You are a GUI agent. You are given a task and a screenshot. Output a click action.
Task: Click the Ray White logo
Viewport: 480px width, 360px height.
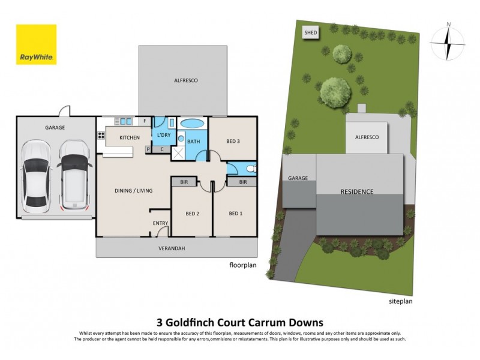tap(36, 44)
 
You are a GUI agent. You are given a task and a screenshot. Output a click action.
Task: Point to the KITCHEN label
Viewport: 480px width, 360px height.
tap(130, 138)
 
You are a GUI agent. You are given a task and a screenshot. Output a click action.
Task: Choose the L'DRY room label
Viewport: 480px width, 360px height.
tap(164, 135)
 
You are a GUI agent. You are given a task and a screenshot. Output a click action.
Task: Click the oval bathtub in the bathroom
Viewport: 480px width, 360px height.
tap(192, 124)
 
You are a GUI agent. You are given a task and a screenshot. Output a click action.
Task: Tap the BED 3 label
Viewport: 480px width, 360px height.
tap(233, 142)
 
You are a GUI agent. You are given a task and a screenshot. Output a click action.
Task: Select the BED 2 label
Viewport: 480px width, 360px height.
tap(192, 214)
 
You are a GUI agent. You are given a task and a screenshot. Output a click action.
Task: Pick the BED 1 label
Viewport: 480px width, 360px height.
tap(236, 214)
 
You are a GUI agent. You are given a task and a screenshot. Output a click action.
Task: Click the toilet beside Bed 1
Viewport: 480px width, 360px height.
tap(251, 167)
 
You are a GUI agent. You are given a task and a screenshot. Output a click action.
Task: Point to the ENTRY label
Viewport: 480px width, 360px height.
tap(160, 224)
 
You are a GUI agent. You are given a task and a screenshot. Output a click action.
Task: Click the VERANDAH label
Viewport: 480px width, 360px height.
tap(170, 248)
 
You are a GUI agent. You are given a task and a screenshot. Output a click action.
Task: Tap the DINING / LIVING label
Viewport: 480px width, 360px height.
tap(134, 191)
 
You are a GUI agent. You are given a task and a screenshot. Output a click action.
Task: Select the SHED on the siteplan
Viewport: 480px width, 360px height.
tap(311, 32)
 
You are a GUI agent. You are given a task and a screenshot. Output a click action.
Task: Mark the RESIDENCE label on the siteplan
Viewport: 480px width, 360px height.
tap(357, 192)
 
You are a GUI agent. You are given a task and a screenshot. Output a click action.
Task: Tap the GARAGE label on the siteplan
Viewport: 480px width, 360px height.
tap(298, 178)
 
